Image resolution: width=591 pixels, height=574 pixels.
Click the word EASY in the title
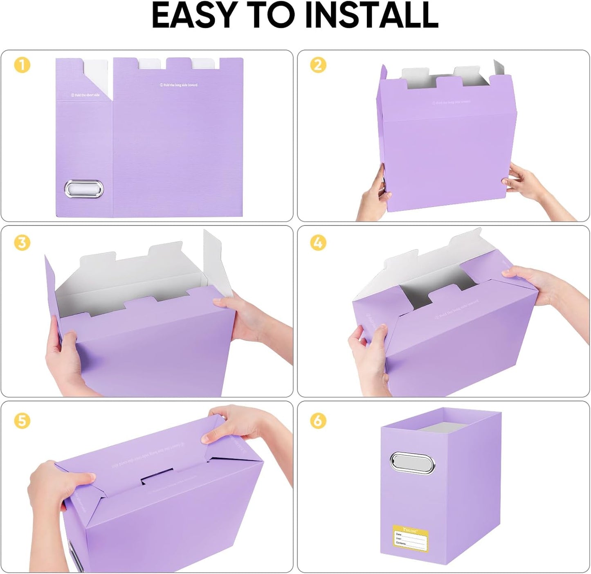point(194,16)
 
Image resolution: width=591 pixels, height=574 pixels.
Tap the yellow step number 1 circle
point(22,65)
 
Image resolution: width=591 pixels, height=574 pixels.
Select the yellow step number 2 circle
point(318,65)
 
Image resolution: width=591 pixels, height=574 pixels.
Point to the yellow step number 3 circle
point(22,243)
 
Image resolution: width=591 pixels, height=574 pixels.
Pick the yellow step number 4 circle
point(318,243)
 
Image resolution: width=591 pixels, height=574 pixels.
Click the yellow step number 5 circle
point(22,420)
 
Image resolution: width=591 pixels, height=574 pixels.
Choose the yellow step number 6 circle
point(318,420)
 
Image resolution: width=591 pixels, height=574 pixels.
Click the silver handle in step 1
point(84,189)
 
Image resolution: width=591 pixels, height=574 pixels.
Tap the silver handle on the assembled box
point(413,463)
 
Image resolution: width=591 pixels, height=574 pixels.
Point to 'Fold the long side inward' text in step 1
point(178,85)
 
